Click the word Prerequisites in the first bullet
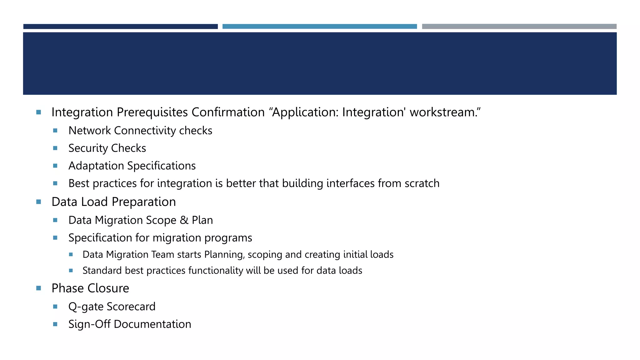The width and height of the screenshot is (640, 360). pyautogui.click(x=152, y=112)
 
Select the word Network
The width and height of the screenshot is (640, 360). pyautogui.click(x=89, y=131)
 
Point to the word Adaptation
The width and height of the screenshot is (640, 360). pyautogui.click(x=96, y=166)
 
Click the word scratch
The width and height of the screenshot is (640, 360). pyautogui.click(x=422, y=183)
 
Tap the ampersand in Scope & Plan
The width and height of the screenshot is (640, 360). pyautogui.click(x=184, y=220)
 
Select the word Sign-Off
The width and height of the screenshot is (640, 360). pyautogui.click(x=89, y=324)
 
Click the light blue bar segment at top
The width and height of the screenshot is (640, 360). pyautogui.click(x=319, y=27)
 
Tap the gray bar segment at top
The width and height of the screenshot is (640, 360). pyautogui.click(x=519, y=27)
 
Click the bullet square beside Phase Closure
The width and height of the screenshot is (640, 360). pyautogui.click(x=39, y=288)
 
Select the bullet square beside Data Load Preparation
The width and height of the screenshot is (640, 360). pyautogui.click(x=39, y=202)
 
